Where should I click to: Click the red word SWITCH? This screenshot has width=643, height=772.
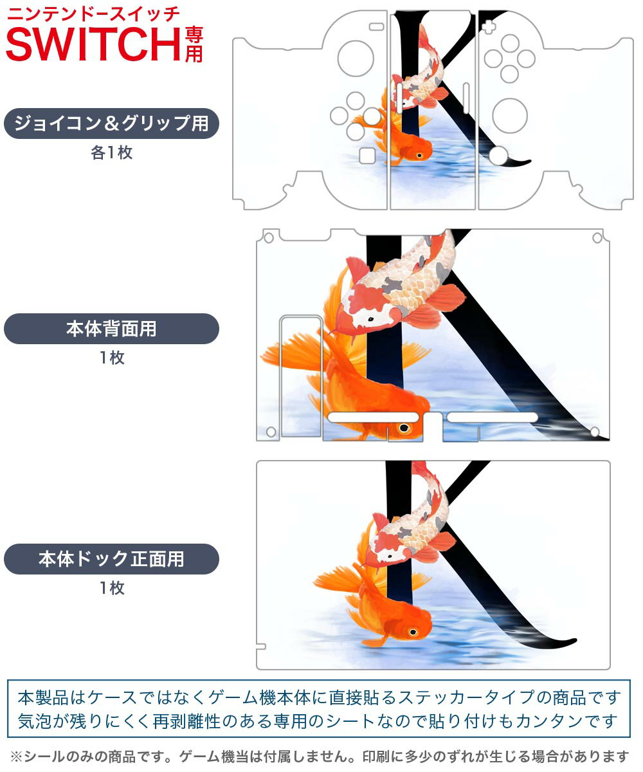pos(93,44)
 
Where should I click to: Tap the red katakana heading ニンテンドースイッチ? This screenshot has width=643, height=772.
pos(93,15)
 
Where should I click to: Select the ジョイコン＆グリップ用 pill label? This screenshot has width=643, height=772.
pos(111,124)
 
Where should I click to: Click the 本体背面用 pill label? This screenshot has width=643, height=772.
pos(111,329)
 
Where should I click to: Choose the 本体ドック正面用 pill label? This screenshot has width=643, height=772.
pos(111,558)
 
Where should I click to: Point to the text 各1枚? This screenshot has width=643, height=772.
pos(112,152)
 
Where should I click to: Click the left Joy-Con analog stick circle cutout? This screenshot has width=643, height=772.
pos(356,59)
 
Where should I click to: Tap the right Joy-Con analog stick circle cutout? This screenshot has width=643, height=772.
pos(510,116)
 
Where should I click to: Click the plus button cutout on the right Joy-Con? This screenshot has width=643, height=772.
pos(489,26)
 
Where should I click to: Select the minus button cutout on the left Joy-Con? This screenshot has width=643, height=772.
pos(377,26)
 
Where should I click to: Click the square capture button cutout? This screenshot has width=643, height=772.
pos(367,156)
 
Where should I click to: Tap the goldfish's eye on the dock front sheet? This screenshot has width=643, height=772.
pos(413,632)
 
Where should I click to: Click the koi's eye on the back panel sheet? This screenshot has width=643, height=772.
pos(370,318)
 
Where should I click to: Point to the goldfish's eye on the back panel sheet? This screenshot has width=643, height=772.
pos(404,428)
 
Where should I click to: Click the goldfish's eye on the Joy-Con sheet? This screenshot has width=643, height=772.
pos(419,155)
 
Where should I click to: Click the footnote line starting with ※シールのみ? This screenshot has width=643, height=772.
pos(320,756)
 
